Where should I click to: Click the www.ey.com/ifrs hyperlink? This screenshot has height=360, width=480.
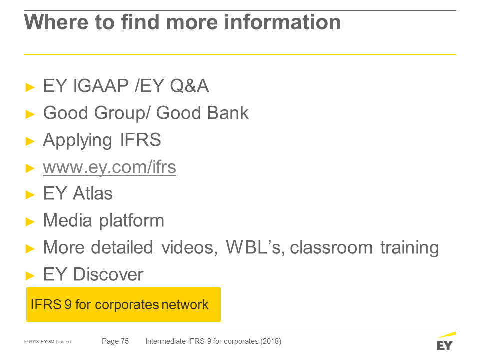[109, 167]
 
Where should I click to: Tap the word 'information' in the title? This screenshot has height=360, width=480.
[282, 22]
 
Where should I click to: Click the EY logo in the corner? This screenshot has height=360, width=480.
[445, 341]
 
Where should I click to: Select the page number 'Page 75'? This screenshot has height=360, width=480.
[115, 341]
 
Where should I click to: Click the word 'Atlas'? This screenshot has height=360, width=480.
[93, 194]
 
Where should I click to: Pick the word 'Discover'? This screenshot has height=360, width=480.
[108, 274]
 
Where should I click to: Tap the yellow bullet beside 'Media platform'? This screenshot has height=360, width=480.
[30, 222]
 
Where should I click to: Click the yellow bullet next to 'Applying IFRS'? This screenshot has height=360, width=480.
[30, 141]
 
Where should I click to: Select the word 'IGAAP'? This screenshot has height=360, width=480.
[101, 86]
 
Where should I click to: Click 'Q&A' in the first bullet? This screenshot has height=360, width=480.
[190, 86]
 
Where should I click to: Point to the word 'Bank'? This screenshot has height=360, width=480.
[228, 113]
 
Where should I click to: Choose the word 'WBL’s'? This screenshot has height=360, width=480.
[255, 247]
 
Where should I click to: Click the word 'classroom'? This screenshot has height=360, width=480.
[331, 247]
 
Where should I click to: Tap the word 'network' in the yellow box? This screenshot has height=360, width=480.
[185, 305]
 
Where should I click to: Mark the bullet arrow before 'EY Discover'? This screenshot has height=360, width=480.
[30, 276]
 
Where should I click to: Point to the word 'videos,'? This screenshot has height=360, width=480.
[190, 247]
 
